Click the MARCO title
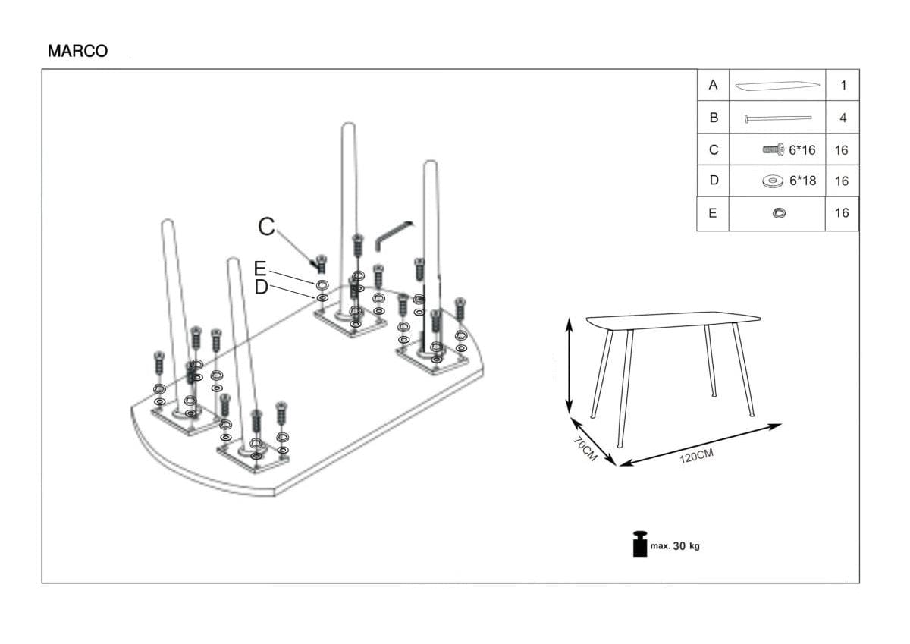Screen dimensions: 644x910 point(77,51)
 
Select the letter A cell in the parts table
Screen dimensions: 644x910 point(713,85)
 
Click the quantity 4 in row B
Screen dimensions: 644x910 point(843,118)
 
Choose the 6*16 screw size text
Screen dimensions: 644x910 point(802,150)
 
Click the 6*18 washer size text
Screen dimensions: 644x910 point(802,181)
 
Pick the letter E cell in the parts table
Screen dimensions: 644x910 point(712,213)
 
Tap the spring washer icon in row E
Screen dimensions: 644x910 point(778,213)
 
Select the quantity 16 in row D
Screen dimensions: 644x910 point(842,181)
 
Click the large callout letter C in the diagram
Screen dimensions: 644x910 point(266,226)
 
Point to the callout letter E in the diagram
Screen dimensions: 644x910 point(260,269)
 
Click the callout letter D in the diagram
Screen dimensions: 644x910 point(261,287)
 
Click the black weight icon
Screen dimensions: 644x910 point(640,544)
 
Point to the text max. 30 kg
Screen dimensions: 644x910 point(675,546)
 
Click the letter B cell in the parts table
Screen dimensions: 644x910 point(713,118)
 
